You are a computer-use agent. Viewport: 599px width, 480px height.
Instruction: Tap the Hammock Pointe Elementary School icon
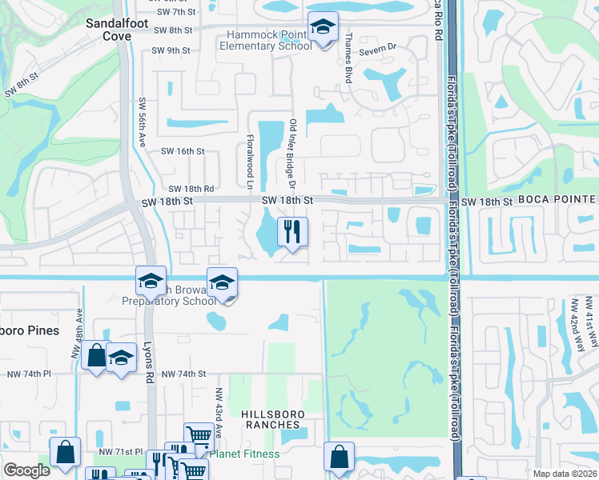323,29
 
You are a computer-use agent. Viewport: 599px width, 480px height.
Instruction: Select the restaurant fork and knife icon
292,233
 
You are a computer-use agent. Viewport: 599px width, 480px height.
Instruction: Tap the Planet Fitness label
245,454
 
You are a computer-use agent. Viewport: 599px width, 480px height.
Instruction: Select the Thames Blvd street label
348,53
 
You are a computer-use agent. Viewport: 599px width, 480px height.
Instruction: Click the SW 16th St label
183,151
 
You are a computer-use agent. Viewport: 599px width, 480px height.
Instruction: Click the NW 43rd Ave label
217,411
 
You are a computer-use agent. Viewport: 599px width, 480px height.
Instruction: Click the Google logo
26,470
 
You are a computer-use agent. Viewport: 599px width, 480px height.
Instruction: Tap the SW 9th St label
171,50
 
